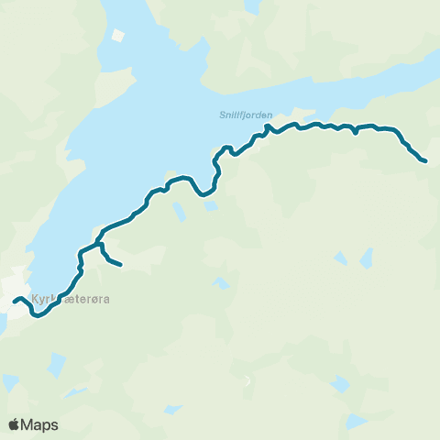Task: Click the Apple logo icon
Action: pos(15,424)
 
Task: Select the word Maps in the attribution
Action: pos(40,424)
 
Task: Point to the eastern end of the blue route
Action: pos(424,161)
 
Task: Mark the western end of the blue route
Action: pos(15,301)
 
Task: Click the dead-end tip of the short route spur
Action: pos(120,266)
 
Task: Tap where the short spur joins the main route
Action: pos(98,246)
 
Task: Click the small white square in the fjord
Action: pos(117,37)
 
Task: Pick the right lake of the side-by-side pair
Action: pos(367,259)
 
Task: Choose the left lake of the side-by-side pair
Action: pos(341,258)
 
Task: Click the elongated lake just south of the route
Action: pos(180,212)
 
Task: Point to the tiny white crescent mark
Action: pos(246,380)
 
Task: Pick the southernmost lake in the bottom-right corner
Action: pos(357,422)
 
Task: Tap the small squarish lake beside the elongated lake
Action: pos(211,206)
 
